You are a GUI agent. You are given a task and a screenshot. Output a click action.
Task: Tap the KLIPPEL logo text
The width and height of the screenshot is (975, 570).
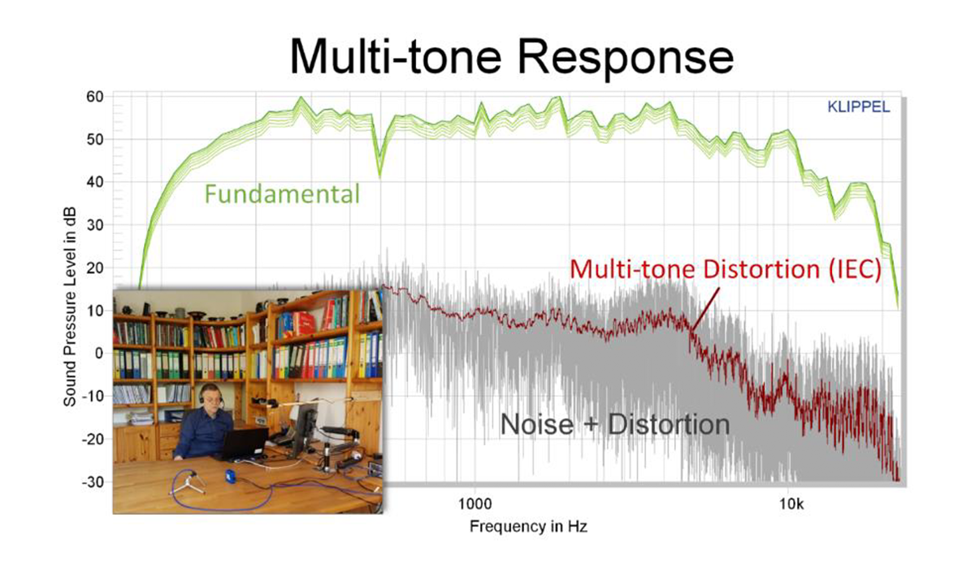point(858,107)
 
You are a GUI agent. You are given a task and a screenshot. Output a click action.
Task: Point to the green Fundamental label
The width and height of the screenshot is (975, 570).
point(282,194)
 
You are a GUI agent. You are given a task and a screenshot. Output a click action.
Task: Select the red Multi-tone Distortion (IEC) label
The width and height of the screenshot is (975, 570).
point(726,269)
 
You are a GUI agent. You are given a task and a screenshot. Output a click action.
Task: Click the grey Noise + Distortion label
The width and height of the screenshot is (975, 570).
point(614,424)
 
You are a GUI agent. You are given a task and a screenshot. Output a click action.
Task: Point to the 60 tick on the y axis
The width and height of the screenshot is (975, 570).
point(94,97)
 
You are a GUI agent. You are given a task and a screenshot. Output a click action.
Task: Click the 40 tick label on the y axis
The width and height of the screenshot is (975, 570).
point(94,182)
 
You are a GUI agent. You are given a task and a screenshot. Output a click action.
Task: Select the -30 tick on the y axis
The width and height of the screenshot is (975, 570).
point(93,482)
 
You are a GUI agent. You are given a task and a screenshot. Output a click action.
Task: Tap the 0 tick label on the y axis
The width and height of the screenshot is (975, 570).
point(99,353)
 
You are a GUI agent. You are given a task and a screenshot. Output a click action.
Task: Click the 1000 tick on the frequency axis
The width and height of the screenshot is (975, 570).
point(474,504)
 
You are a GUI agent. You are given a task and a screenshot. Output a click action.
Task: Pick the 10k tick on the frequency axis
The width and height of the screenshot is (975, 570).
point(791,504)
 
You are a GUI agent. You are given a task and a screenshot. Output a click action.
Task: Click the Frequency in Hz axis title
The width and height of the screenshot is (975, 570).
point(528,526)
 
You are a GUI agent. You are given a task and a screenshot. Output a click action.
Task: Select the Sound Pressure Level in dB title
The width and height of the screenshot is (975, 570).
point(70,307)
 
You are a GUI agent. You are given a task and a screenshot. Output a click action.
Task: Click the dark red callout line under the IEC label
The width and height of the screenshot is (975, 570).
point(704,309)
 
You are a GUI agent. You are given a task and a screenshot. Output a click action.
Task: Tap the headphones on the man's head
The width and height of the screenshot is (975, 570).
point(210,394)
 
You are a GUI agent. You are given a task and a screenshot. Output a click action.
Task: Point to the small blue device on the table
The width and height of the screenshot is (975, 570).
point(230,476)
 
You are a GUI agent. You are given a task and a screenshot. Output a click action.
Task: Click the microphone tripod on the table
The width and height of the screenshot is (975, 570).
point(188,484)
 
